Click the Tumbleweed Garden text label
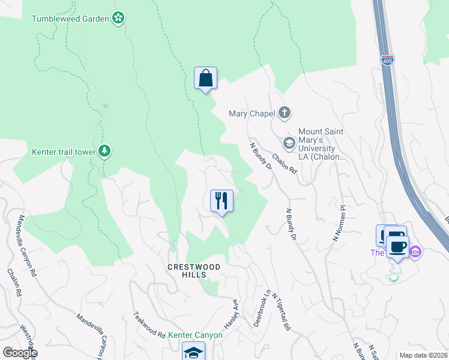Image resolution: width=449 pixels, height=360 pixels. pos(70,19)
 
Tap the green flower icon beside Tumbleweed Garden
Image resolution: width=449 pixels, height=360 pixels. pos(119,18)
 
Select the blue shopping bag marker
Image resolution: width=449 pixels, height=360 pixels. pos(205,79)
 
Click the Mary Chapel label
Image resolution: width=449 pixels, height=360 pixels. pos(252,113)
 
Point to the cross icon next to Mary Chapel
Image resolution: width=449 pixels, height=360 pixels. pos(285,113)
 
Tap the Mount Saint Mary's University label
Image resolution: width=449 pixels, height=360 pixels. pos(324,145)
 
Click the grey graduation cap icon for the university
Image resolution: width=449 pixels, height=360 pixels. pos(289,143)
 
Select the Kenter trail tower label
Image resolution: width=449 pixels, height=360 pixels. pos(63,152)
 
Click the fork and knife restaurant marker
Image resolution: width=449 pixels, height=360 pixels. pos(221,201)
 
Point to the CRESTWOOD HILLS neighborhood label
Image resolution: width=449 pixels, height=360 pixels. pos(194,271)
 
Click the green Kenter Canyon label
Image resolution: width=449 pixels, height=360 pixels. pos(195,335)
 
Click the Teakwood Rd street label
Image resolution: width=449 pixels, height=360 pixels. pos(149,323)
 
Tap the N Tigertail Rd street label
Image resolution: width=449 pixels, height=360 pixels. pos(281,311)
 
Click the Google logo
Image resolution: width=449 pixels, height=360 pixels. pos(19,353)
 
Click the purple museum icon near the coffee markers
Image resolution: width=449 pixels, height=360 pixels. pos(415,251)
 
